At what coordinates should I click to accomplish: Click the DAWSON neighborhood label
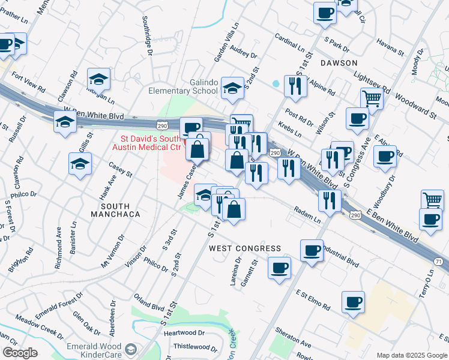tap(339, 63)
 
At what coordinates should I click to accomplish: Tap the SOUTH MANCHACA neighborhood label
tap(115, 214)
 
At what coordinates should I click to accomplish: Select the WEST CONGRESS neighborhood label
tap(245, 248)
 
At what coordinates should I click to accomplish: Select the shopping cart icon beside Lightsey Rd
tap(372, 98)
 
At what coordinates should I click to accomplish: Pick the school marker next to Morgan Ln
tap(99, 79)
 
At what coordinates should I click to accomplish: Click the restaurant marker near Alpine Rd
tap(295, 85)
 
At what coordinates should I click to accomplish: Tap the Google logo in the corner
tap(19, 353)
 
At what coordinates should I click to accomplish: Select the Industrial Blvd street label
tap(340, 254)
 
